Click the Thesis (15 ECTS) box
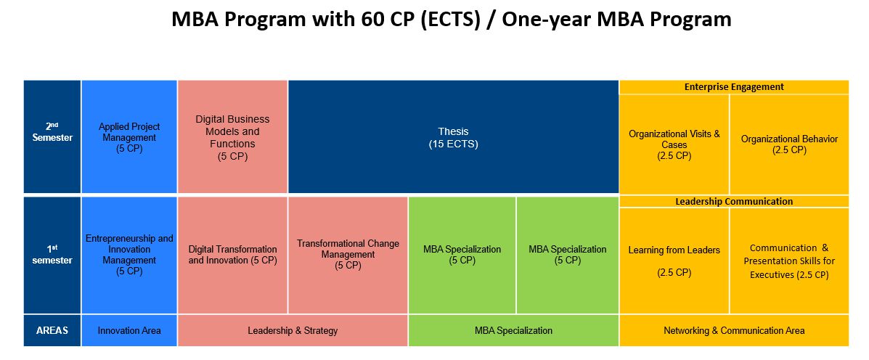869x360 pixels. (x=453, y=137)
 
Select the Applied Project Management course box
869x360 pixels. (x=129, y=137)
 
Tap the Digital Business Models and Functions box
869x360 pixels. (x=232, y=137)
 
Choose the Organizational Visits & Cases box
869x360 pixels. (x=674, y=144)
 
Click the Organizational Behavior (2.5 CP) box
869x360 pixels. (x=789, y=144)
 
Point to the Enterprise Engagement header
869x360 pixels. (x=734, y=87)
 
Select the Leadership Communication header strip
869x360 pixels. (x=734, y=202)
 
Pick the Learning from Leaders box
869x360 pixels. (x=674, y=261)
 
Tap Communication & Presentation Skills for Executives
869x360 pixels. (x=789, y=261)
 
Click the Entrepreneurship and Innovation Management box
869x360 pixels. (x=129, y=255)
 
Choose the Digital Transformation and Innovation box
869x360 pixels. (x=232, y=255)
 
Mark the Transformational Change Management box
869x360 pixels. (x=348, y=255)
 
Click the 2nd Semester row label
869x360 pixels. (x=52, y=137)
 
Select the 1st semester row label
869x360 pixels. (x=52, y=255)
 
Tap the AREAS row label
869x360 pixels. (x=52, y=330)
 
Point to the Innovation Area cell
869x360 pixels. (x=129, y=330)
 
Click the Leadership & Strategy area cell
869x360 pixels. (x=293, y=330)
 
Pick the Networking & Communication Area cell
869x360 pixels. (x=734, y=330)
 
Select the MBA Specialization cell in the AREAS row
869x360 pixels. (x=513, y=330)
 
